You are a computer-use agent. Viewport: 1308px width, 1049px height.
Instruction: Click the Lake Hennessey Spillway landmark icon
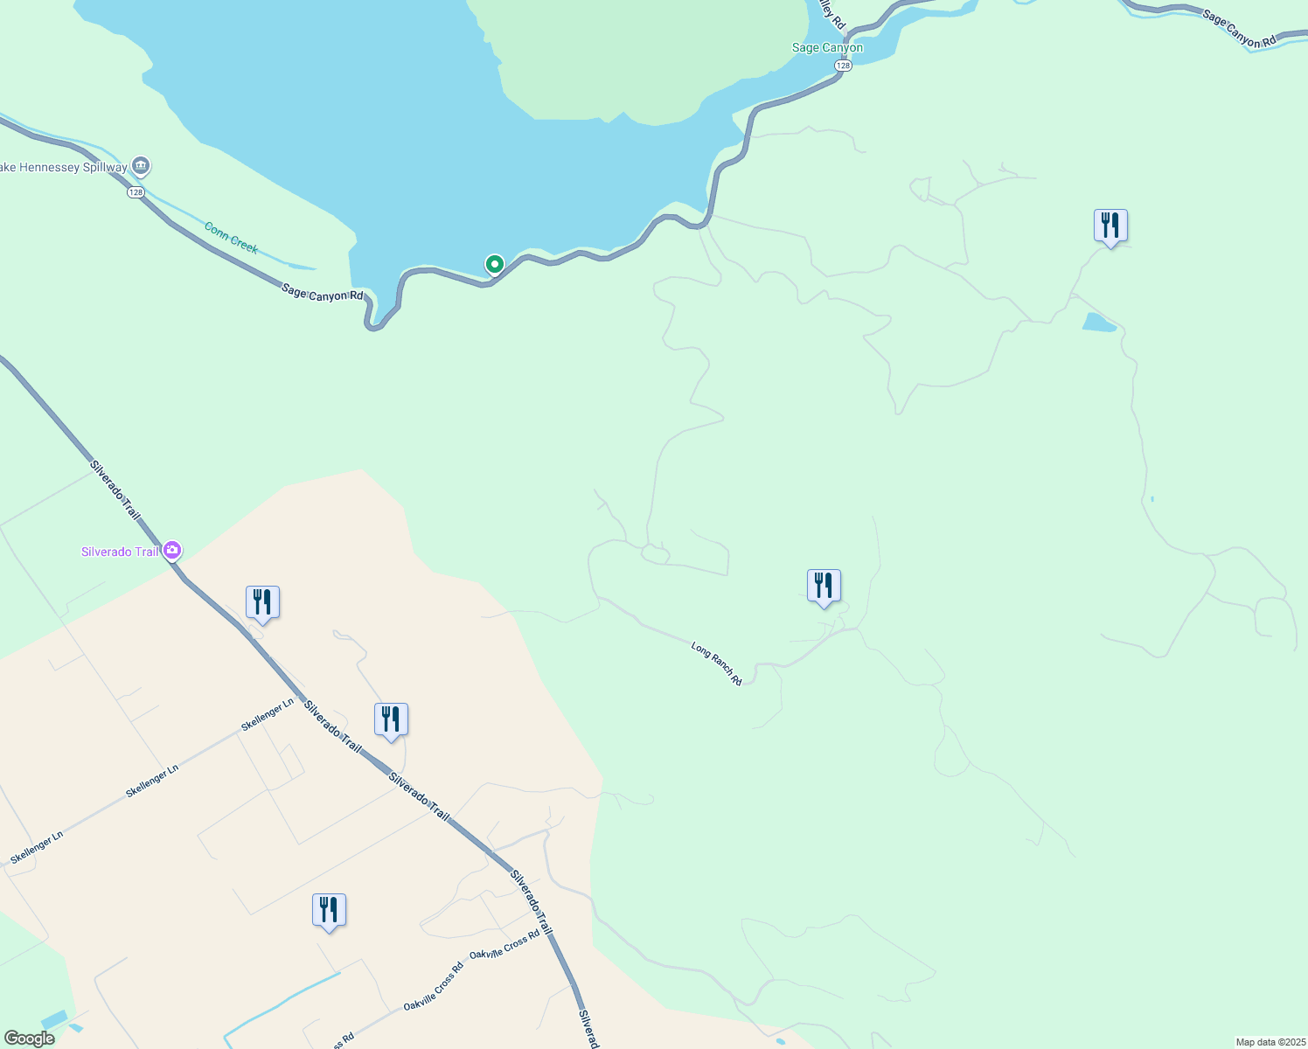point(141,166)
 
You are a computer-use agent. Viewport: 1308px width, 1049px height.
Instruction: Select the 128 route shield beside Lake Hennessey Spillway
point(135,192)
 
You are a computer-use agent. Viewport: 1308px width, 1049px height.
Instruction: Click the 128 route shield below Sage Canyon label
point(842,66)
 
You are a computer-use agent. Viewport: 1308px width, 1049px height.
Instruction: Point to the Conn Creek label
point(231,238)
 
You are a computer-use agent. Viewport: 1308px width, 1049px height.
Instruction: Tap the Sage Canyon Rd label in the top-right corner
point(1239,29)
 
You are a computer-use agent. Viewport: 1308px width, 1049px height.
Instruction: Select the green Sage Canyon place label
point(827,48)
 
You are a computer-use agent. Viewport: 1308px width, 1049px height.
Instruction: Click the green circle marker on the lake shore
point(494,263)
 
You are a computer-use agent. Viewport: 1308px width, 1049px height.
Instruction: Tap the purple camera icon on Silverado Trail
point(172,550)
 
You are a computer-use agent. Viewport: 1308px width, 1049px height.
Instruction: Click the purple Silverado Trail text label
point(120,552)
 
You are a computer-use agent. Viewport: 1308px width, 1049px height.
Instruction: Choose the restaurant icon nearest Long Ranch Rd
point(824,586)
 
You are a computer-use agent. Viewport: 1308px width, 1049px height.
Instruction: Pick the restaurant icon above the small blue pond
point(1110,226)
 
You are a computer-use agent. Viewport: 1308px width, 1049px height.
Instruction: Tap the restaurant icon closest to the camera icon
point(262,602)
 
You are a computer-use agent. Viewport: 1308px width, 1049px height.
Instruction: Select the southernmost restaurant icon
point(329,910)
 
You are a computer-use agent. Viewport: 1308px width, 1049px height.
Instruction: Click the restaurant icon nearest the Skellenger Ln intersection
point(391,719)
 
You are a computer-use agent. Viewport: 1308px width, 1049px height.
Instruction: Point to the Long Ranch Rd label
point(716,663)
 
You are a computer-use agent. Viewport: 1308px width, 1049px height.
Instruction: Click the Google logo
point(29,1039)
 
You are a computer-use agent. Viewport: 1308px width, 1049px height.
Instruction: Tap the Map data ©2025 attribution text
point(1270,1042)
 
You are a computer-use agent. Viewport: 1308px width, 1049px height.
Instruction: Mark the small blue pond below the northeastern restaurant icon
point(1099,323)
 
